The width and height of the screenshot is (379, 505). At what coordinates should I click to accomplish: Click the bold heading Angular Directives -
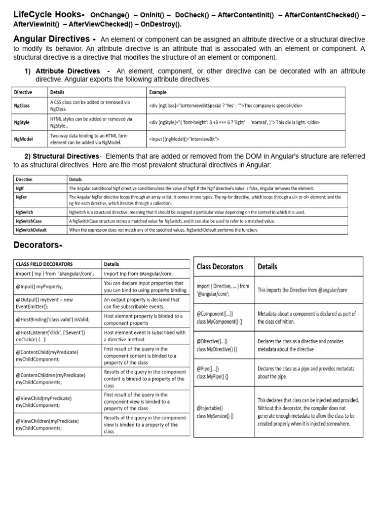(x=55, y=39)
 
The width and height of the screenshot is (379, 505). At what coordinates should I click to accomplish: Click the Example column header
(x=157, y=92)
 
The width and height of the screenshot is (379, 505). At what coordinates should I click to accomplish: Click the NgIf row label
(x=20, y=188)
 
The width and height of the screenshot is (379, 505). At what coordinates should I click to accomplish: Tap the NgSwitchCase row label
(x=29, y=221)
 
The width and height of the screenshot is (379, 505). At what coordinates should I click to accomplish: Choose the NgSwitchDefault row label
(x=31, y=230)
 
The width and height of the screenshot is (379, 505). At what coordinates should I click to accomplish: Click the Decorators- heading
(x=38, y=246)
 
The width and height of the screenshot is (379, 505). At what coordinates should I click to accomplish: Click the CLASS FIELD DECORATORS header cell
(x=44, y=264)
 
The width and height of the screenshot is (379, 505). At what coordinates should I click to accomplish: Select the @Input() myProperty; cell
(x=39, y=287)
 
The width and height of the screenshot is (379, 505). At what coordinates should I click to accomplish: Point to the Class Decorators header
(x=220, y=267)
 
